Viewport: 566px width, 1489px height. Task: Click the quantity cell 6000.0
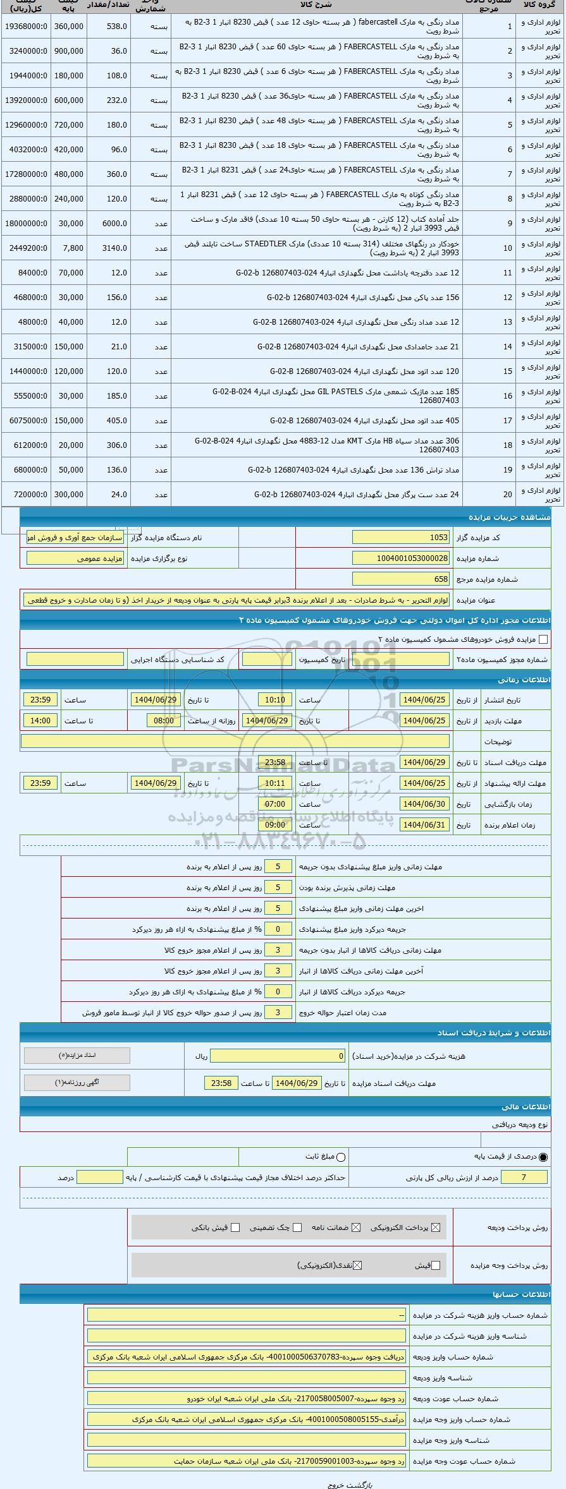tap(109, 224)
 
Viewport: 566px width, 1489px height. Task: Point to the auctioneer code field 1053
tap(400, 538)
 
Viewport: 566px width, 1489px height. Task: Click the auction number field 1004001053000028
tap(400, 558)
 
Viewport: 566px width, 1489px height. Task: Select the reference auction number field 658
tap(400, 579)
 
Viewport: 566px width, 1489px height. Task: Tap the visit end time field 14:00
tap(40, 721)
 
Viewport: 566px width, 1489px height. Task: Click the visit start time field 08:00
tap(163, 721)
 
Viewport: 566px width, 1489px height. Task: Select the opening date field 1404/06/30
tap(424, 804)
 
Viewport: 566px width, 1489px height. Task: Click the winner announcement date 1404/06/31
tap(424, 825)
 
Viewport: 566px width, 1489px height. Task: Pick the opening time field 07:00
tap(275, 804)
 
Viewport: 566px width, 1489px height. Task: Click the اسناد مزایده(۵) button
tap(77, 1056)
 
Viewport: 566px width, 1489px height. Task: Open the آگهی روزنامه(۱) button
tap(77, 1083)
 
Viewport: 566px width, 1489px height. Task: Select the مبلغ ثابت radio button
tap(341, 1157)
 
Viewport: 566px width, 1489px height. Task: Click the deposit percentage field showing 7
tap(524, 1177)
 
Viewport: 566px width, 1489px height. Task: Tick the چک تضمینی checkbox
tap(298, 1227)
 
